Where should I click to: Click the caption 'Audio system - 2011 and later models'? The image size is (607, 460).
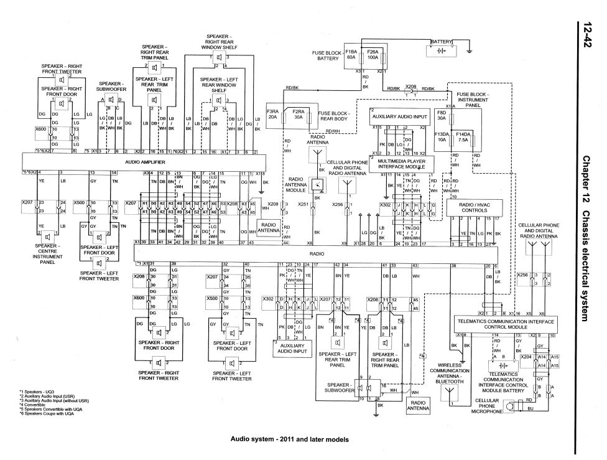click(x=290, y=439)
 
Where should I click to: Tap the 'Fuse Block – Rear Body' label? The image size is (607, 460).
click(x=333, y=116)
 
